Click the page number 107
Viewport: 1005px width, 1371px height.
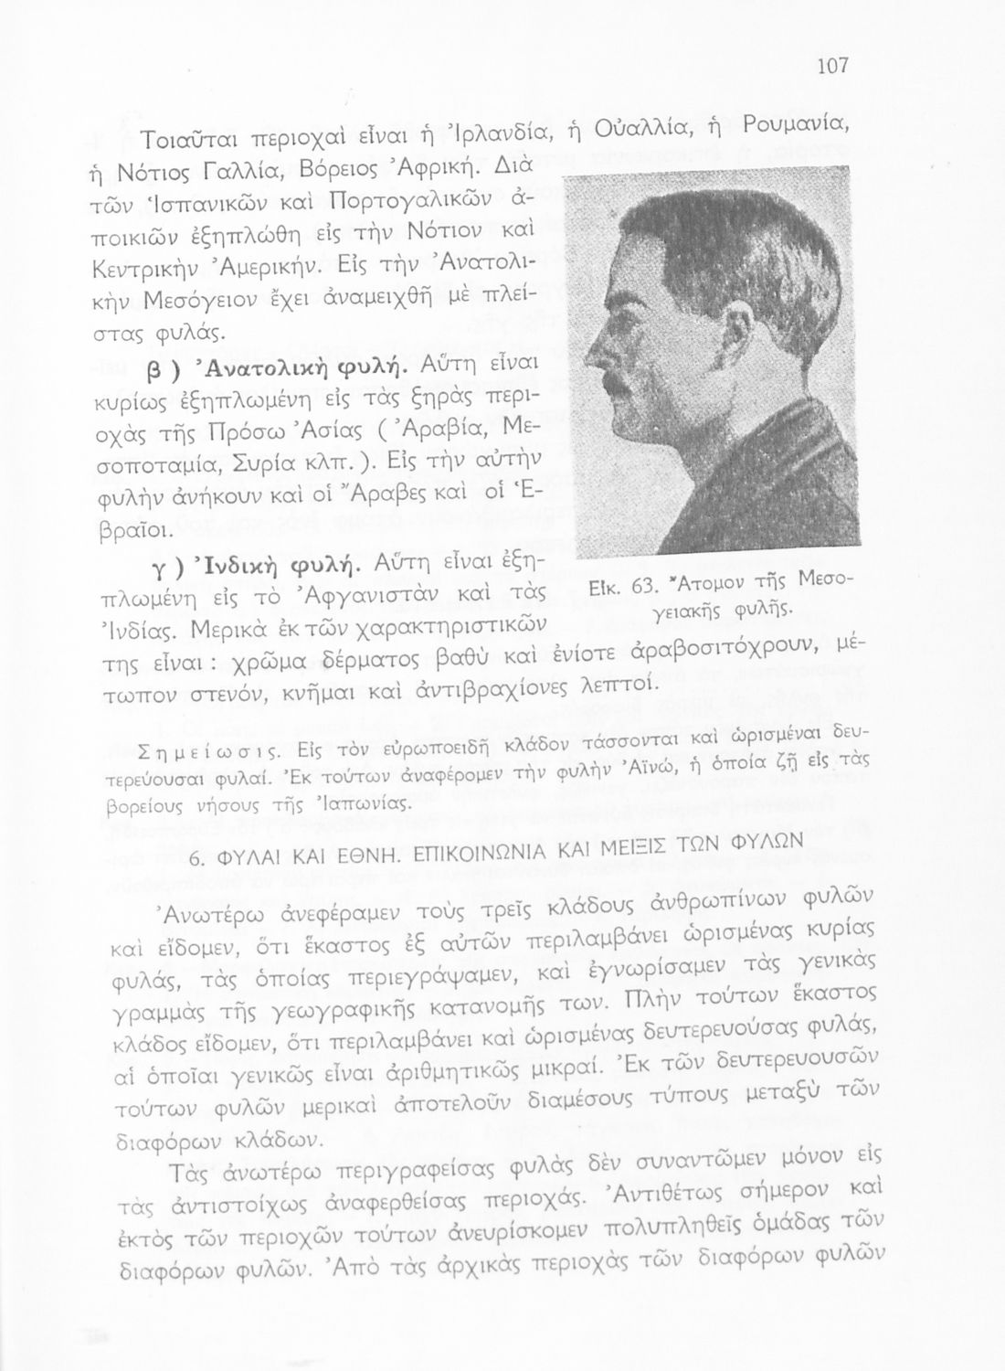pyautogui.click(x=832, y=66)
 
